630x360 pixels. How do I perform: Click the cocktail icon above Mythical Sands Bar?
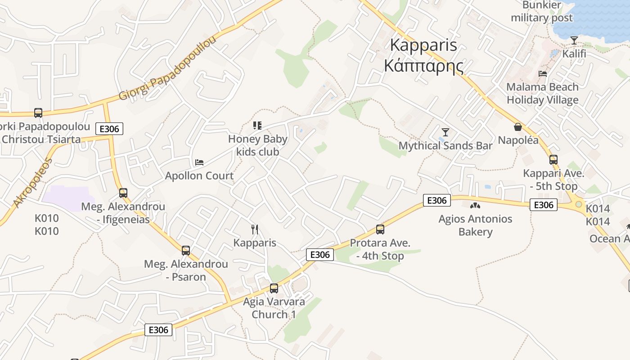tap(445, 132)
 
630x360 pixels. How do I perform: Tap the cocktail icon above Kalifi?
tap(574, 40)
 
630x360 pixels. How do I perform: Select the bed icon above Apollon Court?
tap(199, 162)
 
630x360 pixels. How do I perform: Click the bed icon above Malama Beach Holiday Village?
tap(543, 73)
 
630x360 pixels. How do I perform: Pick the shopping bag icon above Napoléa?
tap(518, 127)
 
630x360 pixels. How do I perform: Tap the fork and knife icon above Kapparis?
tap(255, 229)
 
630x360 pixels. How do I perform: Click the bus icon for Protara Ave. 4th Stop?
tap(380, 229)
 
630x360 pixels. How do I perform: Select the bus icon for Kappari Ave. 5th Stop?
tap(553, 160)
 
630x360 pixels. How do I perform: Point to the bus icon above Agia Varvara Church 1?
tap(274, 288)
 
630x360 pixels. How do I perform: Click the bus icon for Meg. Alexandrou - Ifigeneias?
tap(123, 193)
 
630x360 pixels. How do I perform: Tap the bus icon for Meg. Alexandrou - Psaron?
tap(186, 251)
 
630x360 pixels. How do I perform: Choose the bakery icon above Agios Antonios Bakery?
tap(475, 206)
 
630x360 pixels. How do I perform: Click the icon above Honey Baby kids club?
tap(257, 126)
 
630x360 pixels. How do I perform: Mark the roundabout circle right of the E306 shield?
tap(579, 204)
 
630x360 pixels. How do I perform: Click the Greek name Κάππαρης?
tap(423, 66)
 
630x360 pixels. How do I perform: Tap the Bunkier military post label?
tap(542, 12)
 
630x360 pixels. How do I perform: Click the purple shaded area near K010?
tap(67, 198)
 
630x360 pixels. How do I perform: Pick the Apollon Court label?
tap(199, 175)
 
